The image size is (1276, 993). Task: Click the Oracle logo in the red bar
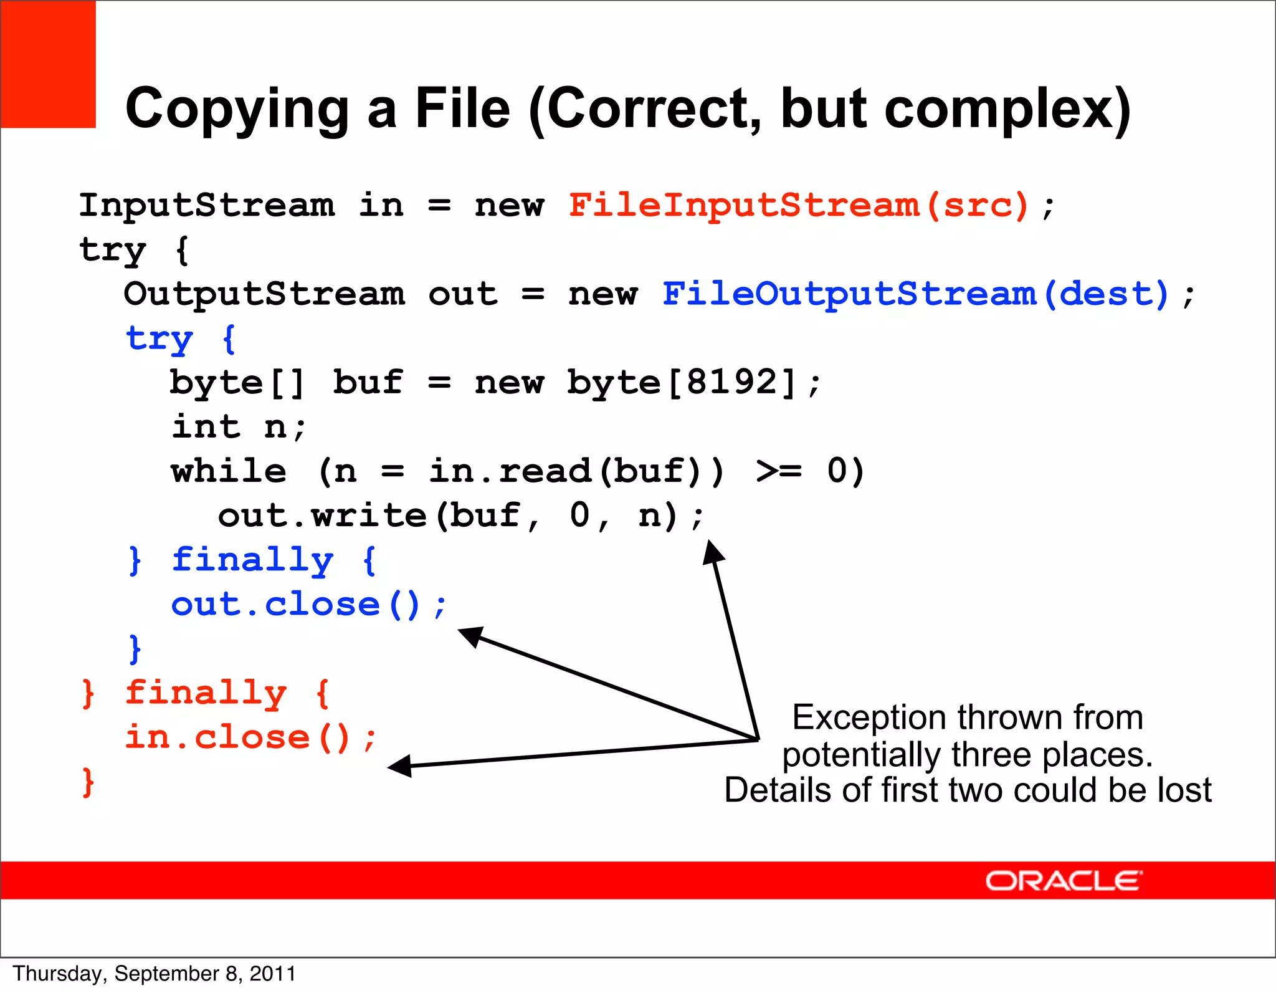[1063, 881]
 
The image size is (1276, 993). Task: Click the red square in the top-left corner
[48, 64]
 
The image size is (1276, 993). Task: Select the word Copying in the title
[237, 109]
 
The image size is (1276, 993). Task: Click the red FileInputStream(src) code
[798, 205]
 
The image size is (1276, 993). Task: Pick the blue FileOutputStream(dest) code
[915, 294]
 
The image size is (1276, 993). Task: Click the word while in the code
[229, 471]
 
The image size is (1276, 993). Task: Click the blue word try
[159, 339]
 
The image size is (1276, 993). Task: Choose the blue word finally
[252, 559]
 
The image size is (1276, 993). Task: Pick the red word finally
[206, 693]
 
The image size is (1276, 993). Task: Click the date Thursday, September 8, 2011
[154, 974]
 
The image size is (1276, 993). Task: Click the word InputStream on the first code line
[206, 205]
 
